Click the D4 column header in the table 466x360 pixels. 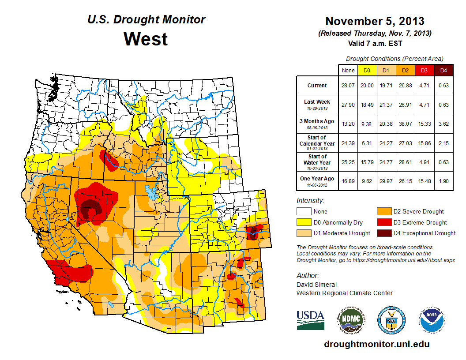[443, 70]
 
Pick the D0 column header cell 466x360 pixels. [367, 70]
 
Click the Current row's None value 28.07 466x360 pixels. [348, 86]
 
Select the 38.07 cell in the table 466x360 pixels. [405, 124]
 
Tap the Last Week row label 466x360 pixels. [317, 104]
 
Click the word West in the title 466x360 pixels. [146, 39]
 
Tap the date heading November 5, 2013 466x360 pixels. [375, 21]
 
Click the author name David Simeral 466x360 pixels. [316, 285]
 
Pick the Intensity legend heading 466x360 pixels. [310, 201]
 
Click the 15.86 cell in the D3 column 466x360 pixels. [424, 143]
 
